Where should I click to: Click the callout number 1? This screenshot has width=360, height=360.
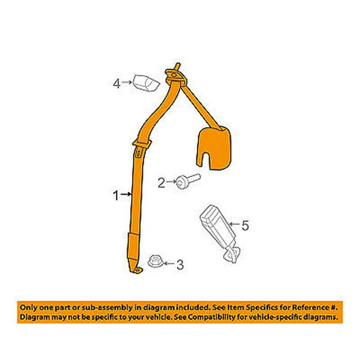pos(116,196)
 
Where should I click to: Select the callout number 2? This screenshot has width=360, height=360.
pos(161,183)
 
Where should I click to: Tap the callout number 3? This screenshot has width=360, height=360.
pos(180,265)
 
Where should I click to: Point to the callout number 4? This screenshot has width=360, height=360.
pos(116,84)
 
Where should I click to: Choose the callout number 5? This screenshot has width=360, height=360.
pos(245,225)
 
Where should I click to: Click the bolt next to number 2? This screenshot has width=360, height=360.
pos(188,181)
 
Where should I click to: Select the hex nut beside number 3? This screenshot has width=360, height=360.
pos(155,262)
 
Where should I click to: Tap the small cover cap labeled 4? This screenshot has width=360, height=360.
pos(146,83)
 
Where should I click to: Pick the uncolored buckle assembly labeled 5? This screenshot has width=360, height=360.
pos(220,233)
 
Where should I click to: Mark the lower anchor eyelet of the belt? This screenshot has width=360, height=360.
pos(137,270)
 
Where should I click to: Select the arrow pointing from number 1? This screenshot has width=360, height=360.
pos(126,195)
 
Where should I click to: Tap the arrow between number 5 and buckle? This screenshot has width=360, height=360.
pos(235,224)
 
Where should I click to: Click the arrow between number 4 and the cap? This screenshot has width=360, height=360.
pos(127,82)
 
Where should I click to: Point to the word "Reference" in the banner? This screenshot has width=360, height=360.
pos(311,308)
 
